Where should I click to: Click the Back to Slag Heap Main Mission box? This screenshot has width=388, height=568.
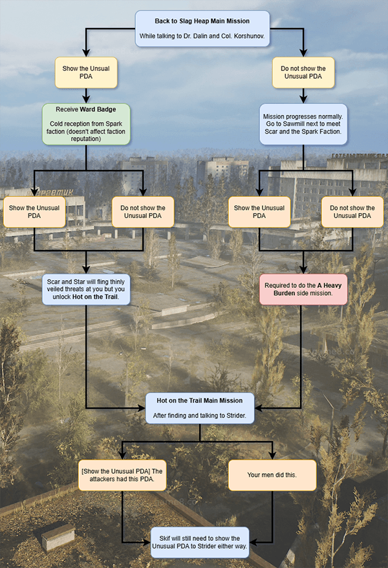pyautogui.click(x=202, y=29)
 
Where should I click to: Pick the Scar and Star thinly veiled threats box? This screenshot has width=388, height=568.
pyautogui.click(x=85, y=289)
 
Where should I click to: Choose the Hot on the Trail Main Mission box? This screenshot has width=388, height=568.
pyautogui.click(x=199, y=408)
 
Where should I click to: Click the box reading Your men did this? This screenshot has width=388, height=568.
pyautogui.click(x=272, y=474)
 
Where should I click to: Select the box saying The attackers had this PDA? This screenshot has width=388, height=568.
pyautogui.click(x=122, y=474)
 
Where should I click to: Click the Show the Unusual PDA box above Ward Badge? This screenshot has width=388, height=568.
pyautogui.click(x=85, y=74)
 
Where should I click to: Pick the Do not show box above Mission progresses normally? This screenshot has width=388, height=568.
pyautogui.click(x=303, y=74)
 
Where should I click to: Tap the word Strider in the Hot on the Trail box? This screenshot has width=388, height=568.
pyautogui.click(x=233, y=414)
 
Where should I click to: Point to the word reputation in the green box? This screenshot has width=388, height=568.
pyautogui.click(x=85, y=139)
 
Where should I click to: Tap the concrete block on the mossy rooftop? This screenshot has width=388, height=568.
pyautogui.click(x=58, y=536)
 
